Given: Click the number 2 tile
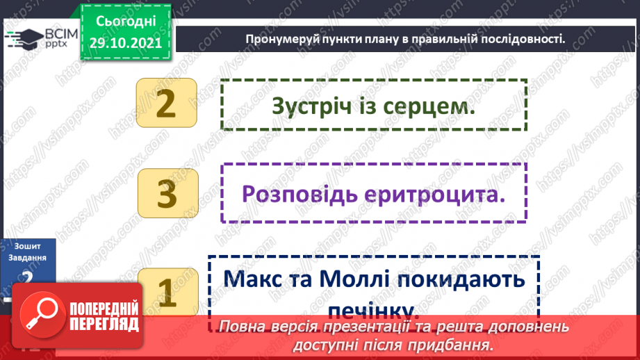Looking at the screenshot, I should [x=167, y=104].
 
